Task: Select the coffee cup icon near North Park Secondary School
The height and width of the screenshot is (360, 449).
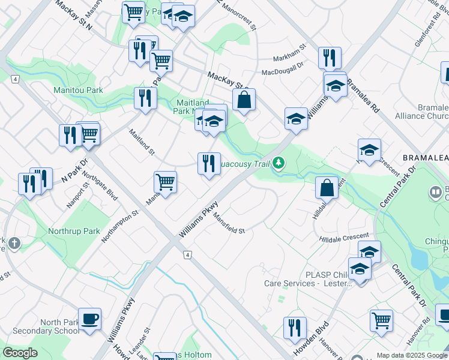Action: pos(90,319)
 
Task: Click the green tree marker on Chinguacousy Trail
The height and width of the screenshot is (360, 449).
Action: pos(278,162)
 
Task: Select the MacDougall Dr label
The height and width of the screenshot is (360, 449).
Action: pos(282,73)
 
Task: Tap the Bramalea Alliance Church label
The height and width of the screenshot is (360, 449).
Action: pos(421,112)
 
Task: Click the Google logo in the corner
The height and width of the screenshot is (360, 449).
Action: pos(20,352)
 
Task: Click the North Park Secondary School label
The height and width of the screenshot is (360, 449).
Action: pos(40,326)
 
